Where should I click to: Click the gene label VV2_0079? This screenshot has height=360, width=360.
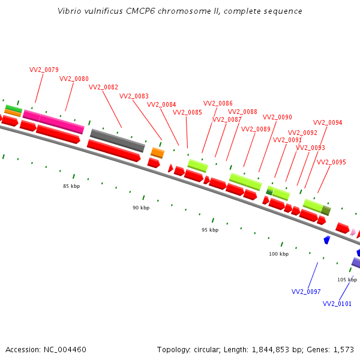coord(44,70)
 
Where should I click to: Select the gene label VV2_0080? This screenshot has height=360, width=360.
coord(74,79)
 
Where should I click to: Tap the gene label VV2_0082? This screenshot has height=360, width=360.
coord(103,87)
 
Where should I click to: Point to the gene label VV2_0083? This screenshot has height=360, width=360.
coord(134,96)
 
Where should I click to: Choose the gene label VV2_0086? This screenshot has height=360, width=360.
coord(218,103)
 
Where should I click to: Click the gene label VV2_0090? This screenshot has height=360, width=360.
coord(277,117)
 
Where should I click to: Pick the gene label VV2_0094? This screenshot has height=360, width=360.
coord(328,122)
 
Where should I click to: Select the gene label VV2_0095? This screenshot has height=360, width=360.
coord(331,162)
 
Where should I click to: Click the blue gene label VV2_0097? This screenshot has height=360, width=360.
coord(306,292)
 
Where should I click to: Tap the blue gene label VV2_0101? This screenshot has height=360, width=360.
coord(337,304)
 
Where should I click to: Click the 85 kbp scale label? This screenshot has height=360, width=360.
coord(71,186)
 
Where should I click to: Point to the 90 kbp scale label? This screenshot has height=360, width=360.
coord(141,208)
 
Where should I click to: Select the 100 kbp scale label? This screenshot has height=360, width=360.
coord(278,254)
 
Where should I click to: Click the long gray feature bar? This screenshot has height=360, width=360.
coord(118,140)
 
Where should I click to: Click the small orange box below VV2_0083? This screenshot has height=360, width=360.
coord(157,152)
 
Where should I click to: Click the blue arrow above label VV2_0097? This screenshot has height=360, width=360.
coord(327,239)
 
